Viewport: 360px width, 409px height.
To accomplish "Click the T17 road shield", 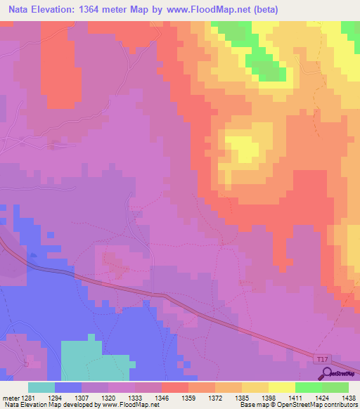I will coord(321,360).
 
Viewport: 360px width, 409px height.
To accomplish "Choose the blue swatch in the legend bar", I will coord(68,387).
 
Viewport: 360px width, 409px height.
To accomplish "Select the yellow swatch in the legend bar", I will coord(282,387).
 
